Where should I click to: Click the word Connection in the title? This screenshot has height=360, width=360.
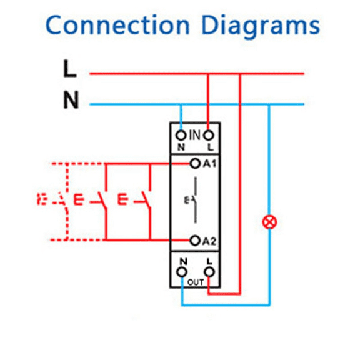pos(117,26)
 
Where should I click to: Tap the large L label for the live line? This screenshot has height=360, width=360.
pos(70,69)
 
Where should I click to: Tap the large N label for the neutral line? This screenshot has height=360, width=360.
pos(71,101)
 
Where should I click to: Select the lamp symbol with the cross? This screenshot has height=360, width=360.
pos(270,221)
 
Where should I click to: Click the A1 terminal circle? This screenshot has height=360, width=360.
pos(194,164)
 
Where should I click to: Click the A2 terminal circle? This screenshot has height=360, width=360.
pos(194,240)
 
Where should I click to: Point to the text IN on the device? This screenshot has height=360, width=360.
pos(194,134)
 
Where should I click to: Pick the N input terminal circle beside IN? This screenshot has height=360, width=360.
pos(181,134)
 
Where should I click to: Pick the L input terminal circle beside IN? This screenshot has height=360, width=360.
pos(208,134)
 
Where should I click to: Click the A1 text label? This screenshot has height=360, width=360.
pos(209,164)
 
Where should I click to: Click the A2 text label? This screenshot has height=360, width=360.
pos(209,241)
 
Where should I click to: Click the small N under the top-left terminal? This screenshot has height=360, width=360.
pos(181,147)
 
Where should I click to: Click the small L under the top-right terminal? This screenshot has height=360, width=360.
pos(209,147)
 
